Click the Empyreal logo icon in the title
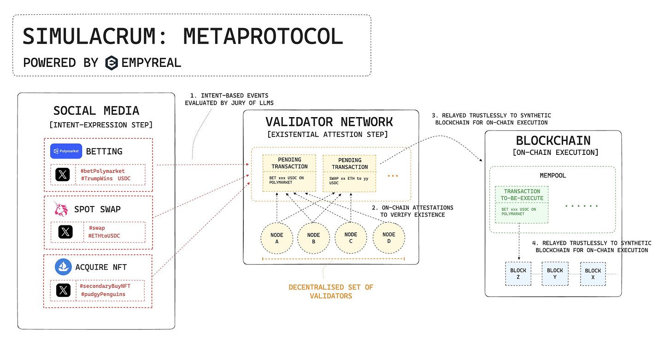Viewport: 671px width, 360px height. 111,62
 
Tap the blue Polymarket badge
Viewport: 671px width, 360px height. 66,151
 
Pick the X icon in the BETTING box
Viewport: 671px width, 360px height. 63,175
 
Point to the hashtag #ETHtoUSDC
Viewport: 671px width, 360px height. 104,236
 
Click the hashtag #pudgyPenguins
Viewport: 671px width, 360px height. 103,294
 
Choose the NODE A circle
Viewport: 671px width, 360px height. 277,237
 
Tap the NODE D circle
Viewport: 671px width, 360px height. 388,237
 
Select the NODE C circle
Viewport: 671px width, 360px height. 351,237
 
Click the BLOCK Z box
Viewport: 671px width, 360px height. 518,274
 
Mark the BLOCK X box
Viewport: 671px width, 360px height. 593,274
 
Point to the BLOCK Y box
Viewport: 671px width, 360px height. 555,274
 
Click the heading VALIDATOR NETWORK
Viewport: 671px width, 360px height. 329,122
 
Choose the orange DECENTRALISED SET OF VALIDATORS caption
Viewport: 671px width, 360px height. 331,291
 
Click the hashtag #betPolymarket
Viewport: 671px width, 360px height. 102,171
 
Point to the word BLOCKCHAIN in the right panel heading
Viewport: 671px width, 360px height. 553,141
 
